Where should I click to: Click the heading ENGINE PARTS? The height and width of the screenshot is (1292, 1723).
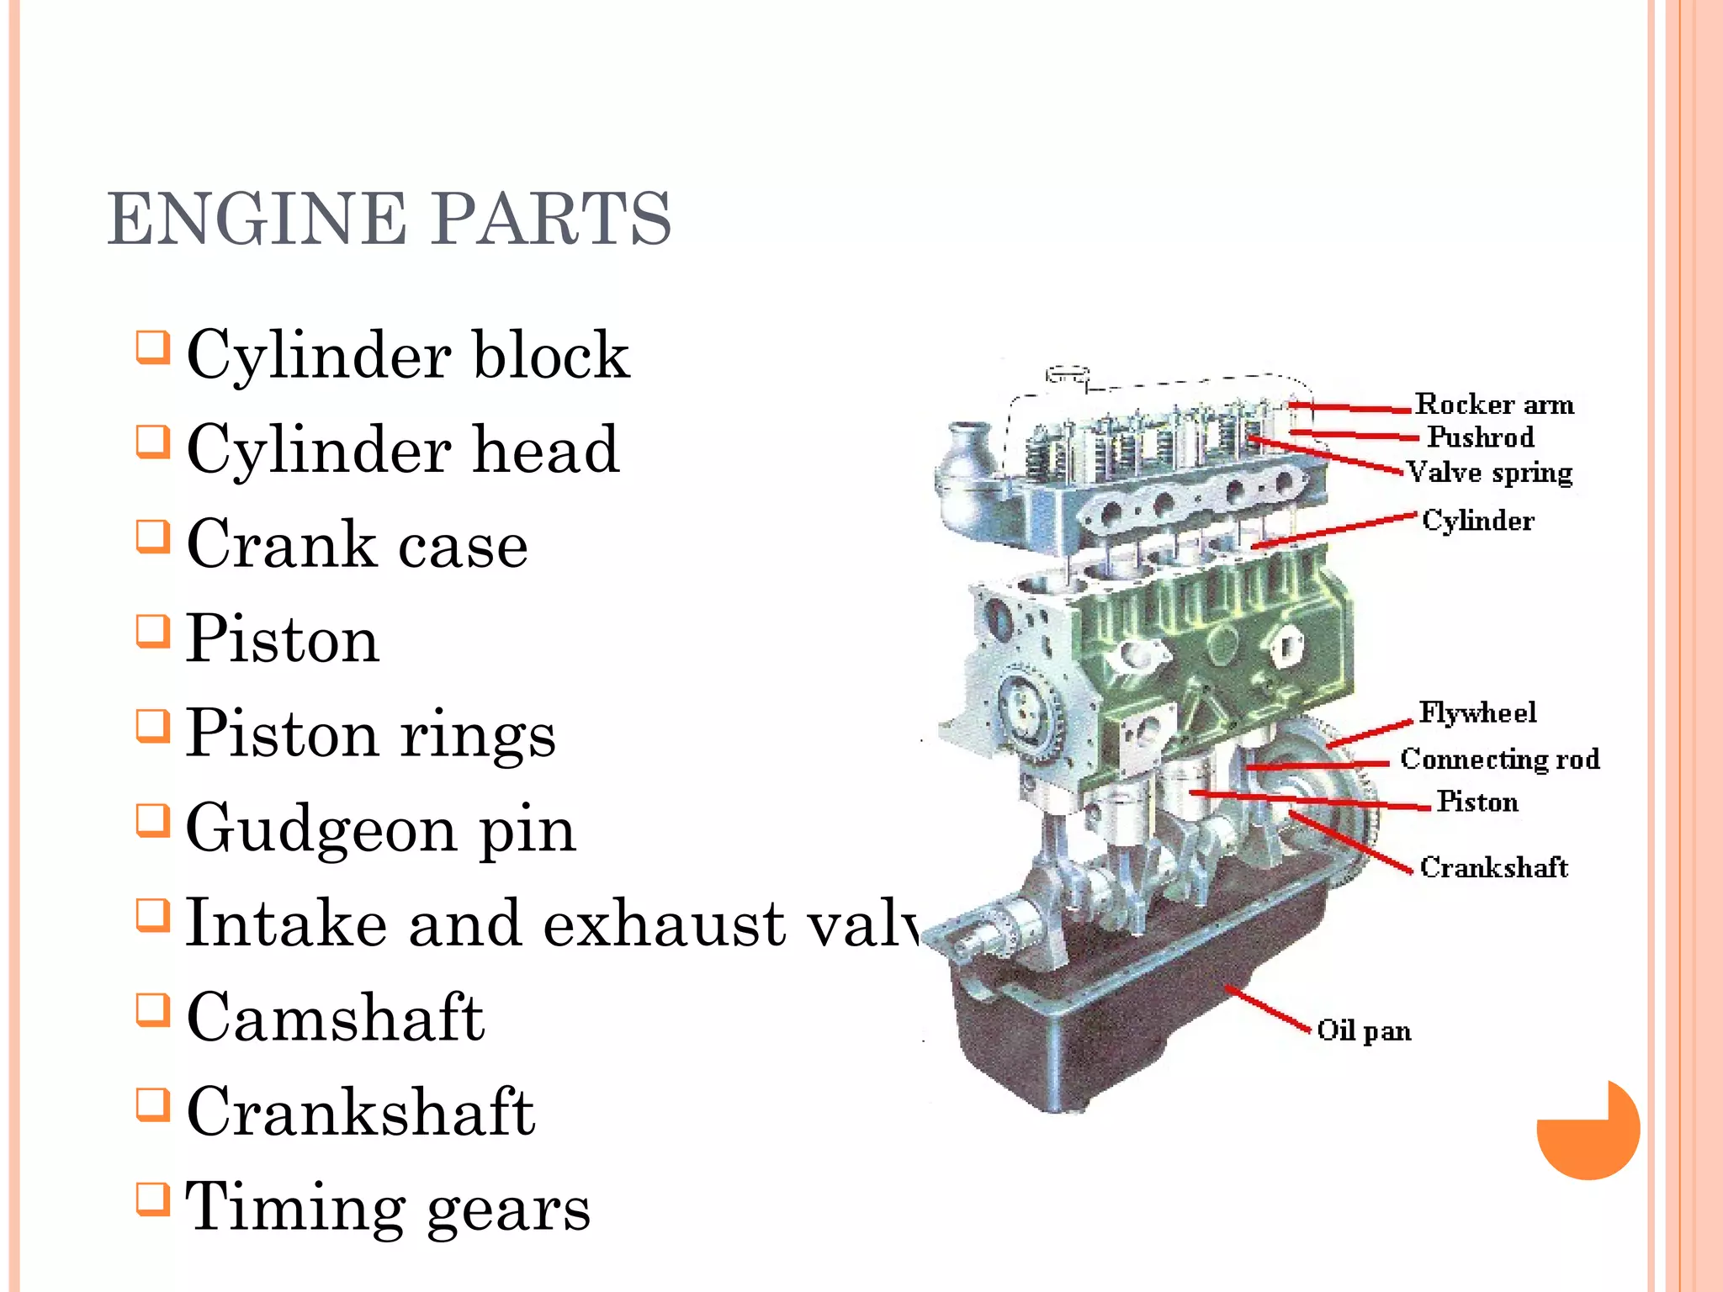[x=389, y=219]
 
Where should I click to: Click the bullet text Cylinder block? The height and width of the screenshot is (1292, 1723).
[x=407, y=354]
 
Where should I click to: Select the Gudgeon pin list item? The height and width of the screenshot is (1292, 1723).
[x=380, y=829]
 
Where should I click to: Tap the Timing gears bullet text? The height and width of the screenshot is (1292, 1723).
[x=387, y=1207]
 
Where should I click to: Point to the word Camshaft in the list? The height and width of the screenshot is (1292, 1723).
[x=335, y=1018]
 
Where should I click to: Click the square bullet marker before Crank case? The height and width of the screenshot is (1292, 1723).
[x=153, y=536]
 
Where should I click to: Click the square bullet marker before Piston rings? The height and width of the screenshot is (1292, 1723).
[x=153, y=725]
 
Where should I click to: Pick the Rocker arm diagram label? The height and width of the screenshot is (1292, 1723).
[x=1493, y=405]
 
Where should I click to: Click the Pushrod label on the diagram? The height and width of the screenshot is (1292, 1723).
[x=1480, y=437]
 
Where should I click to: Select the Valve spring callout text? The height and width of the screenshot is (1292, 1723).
[x=1489, y=473]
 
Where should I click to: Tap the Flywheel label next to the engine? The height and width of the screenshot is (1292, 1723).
[x=1477, y=712]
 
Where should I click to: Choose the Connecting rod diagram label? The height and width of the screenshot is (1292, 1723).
[x=1499, y=759]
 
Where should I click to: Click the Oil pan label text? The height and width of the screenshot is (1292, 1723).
[x=1363, y=1030]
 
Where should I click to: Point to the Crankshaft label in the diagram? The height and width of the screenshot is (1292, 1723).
[x=1493, y=867]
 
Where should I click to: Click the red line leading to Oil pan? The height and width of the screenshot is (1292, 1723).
[x=1269, y=1008]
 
